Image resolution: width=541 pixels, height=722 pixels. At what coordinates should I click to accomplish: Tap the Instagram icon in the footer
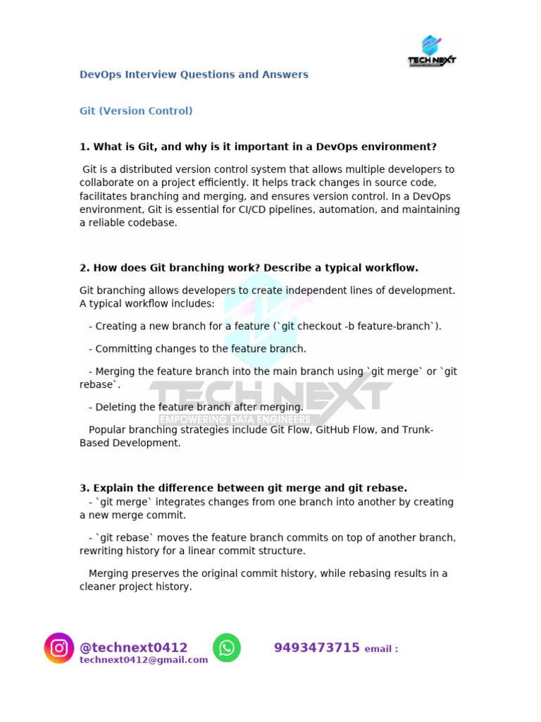pos(59,647)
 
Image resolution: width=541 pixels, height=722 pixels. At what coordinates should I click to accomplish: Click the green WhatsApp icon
pos(227,647)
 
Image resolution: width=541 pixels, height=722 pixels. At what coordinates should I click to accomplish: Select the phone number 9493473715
pos(317,647)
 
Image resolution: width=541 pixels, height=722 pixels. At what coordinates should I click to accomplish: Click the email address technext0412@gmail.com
pos(144,660)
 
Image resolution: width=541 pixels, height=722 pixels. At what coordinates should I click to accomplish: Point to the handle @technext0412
pos(134,647)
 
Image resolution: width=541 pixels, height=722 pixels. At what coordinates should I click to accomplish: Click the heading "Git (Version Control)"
pos(136,111)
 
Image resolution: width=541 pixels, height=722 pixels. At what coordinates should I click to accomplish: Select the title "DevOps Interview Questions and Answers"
pos(194,74)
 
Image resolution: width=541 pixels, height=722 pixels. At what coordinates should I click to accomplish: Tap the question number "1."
pos(85,147)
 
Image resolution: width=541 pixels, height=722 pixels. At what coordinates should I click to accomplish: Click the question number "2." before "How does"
pos(85,268)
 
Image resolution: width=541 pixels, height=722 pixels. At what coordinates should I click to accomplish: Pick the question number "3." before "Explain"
pos(85,488)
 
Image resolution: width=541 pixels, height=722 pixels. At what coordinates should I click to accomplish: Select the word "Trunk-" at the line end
pos(419,429)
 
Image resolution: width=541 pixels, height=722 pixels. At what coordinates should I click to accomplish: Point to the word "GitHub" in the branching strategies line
pos(334,429)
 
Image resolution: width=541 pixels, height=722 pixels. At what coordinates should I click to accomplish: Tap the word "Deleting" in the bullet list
pos(116,407)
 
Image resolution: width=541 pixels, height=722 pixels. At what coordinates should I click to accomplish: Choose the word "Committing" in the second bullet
pos(123,348)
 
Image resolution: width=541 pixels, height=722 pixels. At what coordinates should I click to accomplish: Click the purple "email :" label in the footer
pos(381,649)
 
